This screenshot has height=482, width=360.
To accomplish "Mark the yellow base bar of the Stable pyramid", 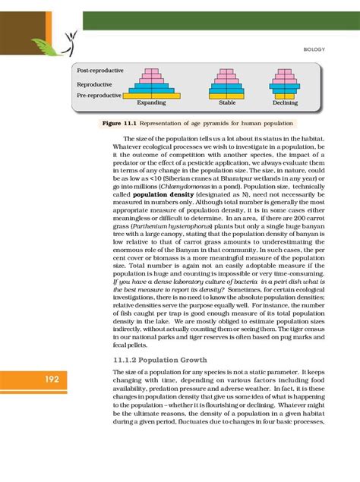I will pyautogui.click(x=226, y=96).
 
